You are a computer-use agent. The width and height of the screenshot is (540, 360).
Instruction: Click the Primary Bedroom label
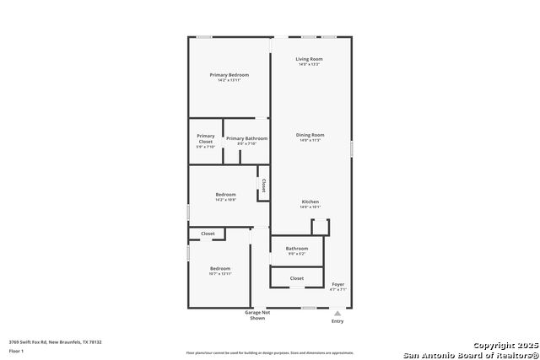point(229,75)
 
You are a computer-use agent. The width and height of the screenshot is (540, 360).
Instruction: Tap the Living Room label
point(310,59)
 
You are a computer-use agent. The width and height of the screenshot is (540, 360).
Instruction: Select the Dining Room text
point(310,135)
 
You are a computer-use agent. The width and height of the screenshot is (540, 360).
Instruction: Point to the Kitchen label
point(310,201)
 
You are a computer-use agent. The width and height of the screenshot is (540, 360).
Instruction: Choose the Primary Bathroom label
point(246,138)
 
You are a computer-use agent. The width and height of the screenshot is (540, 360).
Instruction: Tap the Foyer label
point(337,284)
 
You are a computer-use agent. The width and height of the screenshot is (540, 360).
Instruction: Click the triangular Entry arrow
point(337,312)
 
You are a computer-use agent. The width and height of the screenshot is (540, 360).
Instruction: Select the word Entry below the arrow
point(337,321)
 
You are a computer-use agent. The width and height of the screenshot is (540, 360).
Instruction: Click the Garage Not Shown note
point(257,315)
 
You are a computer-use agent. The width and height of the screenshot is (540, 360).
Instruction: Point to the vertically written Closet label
point(263,185)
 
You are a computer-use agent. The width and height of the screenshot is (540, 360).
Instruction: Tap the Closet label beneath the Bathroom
point(296,277)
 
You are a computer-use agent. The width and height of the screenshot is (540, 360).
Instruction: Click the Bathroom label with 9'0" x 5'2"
point(296,248)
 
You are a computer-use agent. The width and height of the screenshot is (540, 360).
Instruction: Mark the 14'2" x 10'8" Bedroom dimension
point(225,200)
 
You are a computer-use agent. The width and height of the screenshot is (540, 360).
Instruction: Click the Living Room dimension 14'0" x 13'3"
point(310,64)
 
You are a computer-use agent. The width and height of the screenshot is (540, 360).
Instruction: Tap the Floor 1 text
point(16,350)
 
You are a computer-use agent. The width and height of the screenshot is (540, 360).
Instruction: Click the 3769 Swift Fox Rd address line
point(55,341)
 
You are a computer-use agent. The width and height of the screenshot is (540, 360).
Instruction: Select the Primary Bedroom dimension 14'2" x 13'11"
point(229,80)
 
